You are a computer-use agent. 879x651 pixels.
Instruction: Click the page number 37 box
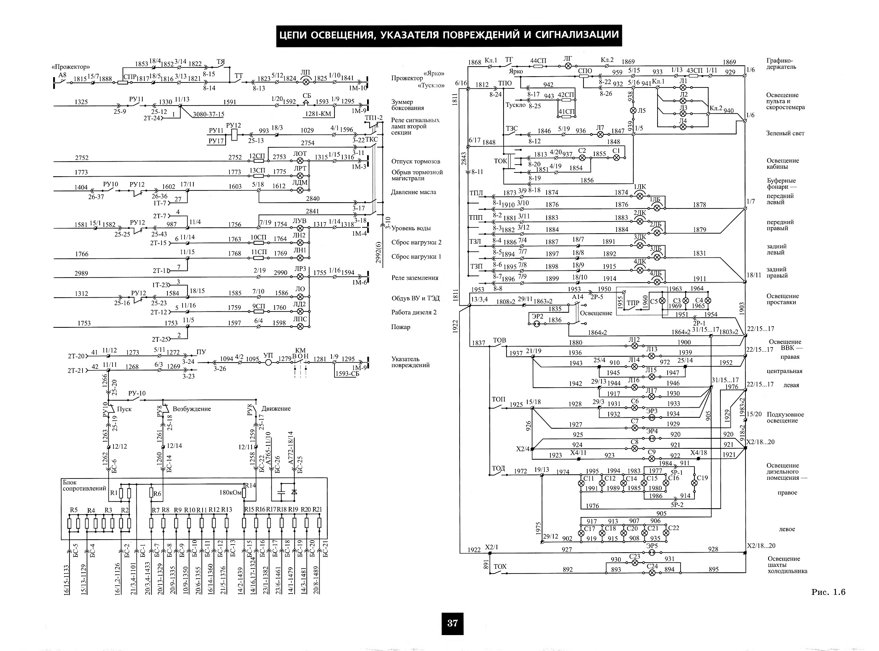pos(452,623)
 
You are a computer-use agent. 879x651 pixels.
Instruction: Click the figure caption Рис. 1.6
pos(828,592)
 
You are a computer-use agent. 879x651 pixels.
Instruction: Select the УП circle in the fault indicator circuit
pos(269,362)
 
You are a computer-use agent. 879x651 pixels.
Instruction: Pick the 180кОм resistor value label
pos(231,492)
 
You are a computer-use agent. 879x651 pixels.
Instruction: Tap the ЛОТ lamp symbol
pos(300,160)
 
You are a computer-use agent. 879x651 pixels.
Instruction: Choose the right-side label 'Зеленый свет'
pos(786,133)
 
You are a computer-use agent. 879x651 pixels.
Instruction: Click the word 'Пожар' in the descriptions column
pos(401,327)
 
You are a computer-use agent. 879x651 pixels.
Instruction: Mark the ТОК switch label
pos(501,160)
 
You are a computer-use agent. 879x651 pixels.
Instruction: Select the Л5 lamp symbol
pos(633,111)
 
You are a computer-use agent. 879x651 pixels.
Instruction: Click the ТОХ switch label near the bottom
pos(501,566)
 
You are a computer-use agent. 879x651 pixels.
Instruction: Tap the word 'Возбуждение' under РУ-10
pos(192,409)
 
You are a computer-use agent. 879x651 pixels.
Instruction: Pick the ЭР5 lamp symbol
pos(652,553)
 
